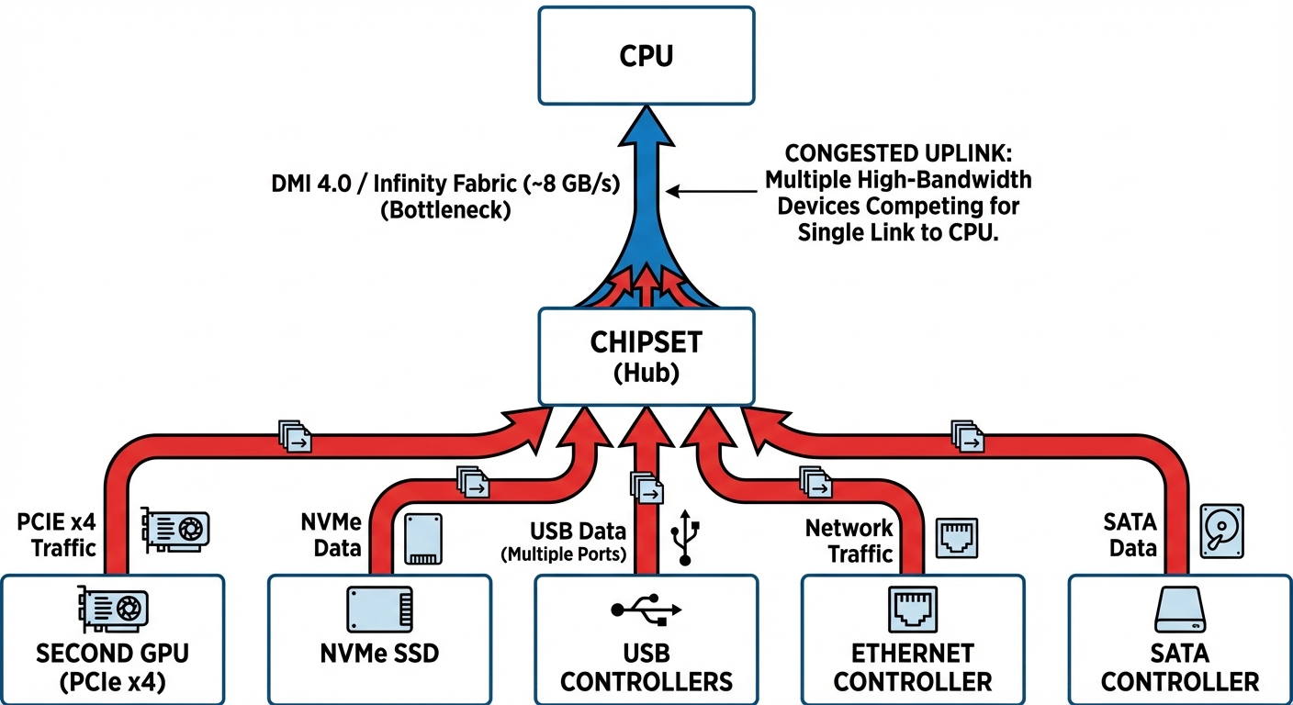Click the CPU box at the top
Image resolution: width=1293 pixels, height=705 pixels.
tap(646, 55)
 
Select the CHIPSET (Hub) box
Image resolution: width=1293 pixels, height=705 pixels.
tap(646, 356)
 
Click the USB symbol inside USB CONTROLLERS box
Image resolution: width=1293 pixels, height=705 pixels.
tap(646, 610)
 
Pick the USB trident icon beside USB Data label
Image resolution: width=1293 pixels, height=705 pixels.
tap(686, 538)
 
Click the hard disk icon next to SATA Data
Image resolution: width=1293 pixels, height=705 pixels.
tap(1222, 529)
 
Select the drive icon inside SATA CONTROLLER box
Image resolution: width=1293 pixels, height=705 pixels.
tap(1179, 610)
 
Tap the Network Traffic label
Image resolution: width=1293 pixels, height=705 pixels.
tap(849, 541)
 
